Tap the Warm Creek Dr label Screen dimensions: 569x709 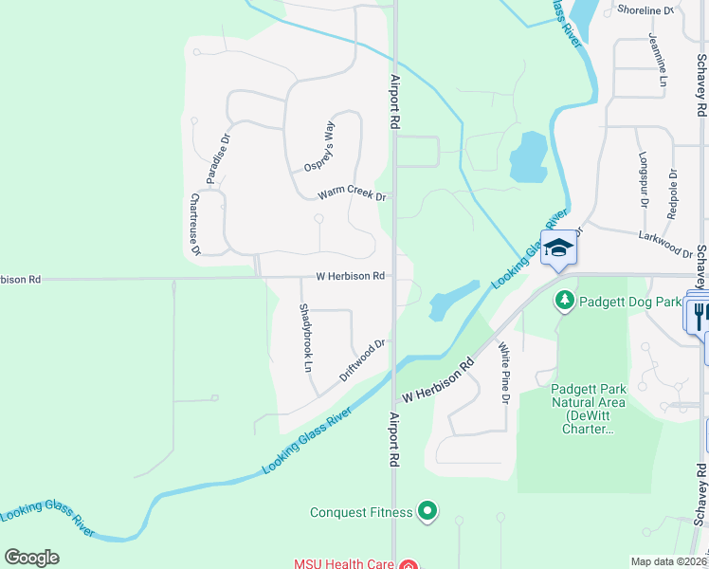coord(352,193)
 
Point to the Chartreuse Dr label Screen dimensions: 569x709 coord(195,225)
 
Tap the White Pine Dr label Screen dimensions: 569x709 coord(504,373)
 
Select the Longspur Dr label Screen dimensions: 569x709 coord(643,180)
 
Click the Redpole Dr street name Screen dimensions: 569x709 coord(672,193)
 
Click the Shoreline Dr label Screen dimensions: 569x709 coord(645,10)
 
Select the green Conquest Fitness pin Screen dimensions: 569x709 coord(427,512)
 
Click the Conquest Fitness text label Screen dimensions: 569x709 coord(361,513)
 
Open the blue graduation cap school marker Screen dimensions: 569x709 coord(558,249)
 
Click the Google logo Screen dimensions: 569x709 coord(31,558)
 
